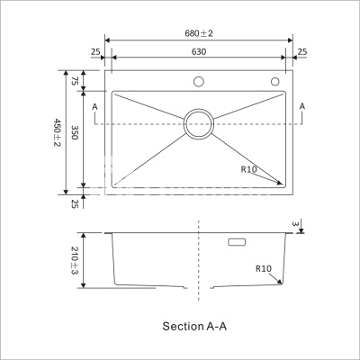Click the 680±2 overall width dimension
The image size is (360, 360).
point(199,33)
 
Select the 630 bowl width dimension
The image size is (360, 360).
point(199,52)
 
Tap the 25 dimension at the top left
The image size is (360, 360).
point(95,52)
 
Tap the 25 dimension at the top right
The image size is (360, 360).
point(302,52)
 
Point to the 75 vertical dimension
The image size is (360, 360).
point(75,81)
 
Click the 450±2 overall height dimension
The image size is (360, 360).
point(57,132)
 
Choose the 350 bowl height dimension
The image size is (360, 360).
point(75,132)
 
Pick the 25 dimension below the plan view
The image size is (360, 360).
point(75,204)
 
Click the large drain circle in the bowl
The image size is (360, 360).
point(199,109)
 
